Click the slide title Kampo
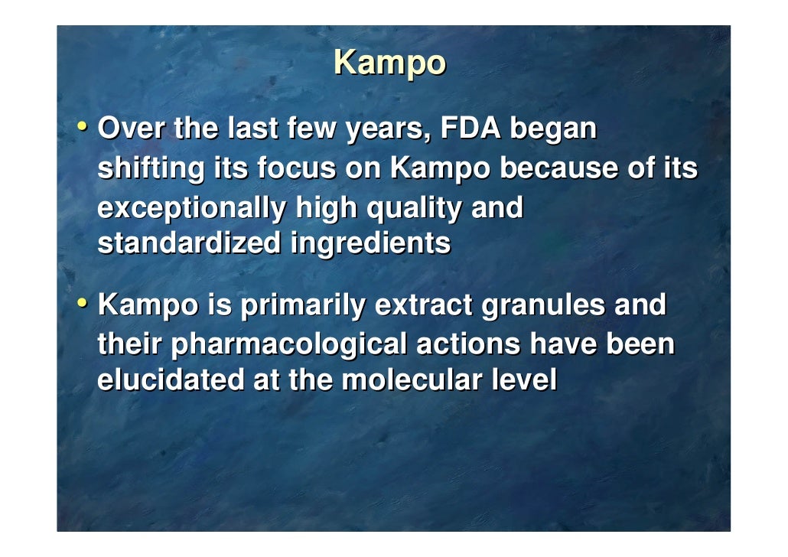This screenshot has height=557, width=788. tap(389, 64)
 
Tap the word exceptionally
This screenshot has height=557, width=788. tap(191, 209)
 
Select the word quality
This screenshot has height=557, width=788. tap(414, 209)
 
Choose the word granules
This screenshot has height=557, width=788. tap(541, 307)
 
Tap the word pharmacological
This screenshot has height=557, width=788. tap(288, 345)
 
